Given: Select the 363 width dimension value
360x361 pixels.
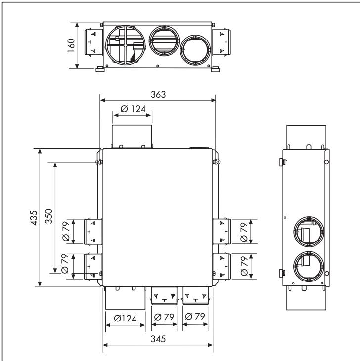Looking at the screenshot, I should [x=158, y=94].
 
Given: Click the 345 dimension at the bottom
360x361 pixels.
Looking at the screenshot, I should [x=158, y=340].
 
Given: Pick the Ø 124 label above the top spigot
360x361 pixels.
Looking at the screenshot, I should [x=132, y=109].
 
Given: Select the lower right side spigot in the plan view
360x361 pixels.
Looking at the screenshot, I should [x=221, y=266].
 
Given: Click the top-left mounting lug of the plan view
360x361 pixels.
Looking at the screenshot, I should [x=100, y=162].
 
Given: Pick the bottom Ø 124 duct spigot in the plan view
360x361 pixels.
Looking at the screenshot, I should [x=125, y=298].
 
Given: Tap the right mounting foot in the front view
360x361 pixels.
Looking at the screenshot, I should [x=215, y=69].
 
